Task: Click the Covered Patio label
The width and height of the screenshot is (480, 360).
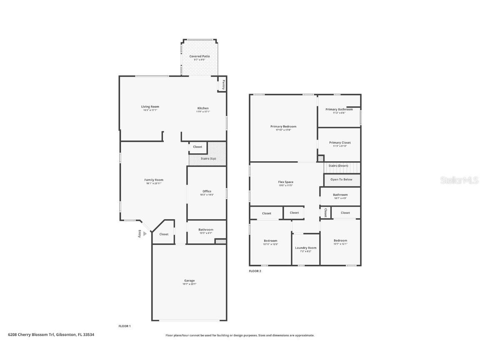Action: (x=200, y=56)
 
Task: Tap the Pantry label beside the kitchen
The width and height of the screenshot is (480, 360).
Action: (x=223, y=85)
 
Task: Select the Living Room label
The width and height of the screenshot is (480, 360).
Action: (x=150, y=107)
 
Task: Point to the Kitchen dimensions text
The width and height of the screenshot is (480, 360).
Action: (x=203, y=112)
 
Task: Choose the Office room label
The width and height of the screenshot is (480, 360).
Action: (x=207, y=191)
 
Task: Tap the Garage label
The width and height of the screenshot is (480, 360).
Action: (x=189, y=280)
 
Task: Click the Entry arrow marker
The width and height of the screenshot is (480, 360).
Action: (x=145, y=234)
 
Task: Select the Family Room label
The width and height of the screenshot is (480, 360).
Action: (x=153, y=180)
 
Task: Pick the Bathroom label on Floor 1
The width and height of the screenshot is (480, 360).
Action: (x=206, y=230)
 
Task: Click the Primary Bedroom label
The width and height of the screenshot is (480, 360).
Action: (x=283, y=126)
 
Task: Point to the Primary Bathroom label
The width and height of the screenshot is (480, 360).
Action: (x=339, y=109)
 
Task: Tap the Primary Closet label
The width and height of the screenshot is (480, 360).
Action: (x=340, y=142)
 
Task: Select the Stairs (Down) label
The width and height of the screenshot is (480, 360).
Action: (x=338, y=166)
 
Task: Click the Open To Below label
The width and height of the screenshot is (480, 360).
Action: (x=341, y=180)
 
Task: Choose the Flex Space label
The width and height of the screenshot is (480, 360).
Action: (x=285, y=182)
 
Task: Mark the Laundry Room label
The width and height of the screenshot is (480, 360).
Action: (x=306, y=248)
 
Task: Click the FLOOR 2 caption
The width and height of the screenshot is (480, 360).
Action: (x=255, y=271)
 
